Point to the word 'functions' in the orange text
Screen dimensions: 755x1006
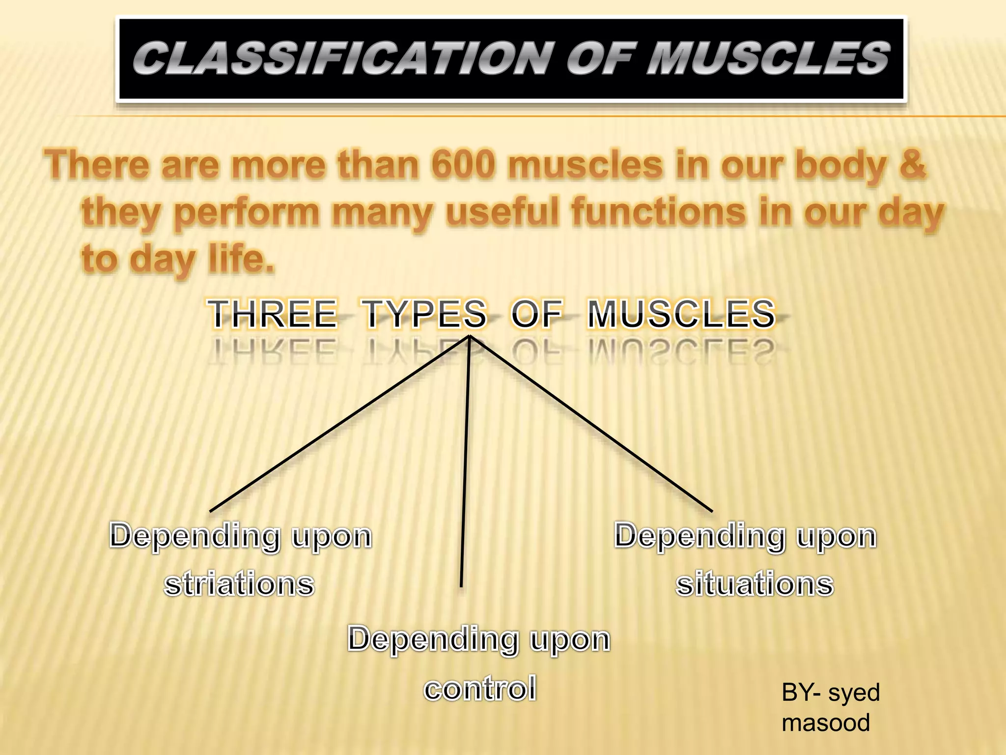click(658, 212)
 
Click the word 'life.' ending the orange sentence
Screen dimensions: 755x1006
click(241, 259)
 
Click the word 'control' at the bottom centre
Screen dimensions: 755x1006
click(480, 688)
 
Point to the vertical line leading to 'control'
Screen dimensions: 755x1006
click(465, 462)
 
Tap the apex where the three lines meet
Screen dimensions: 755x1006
click(470, 337)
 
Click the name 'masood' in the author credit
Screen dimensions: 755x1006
click(826, 723)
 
